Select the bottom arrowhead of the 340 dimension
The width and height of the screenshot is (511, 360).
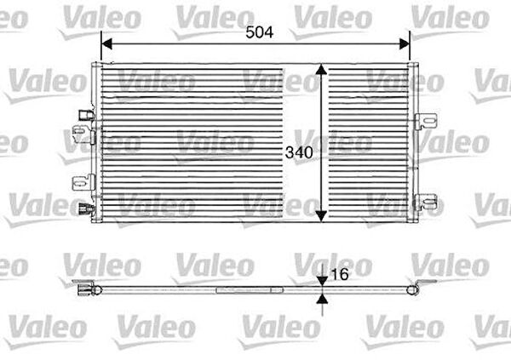[321, 215]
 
